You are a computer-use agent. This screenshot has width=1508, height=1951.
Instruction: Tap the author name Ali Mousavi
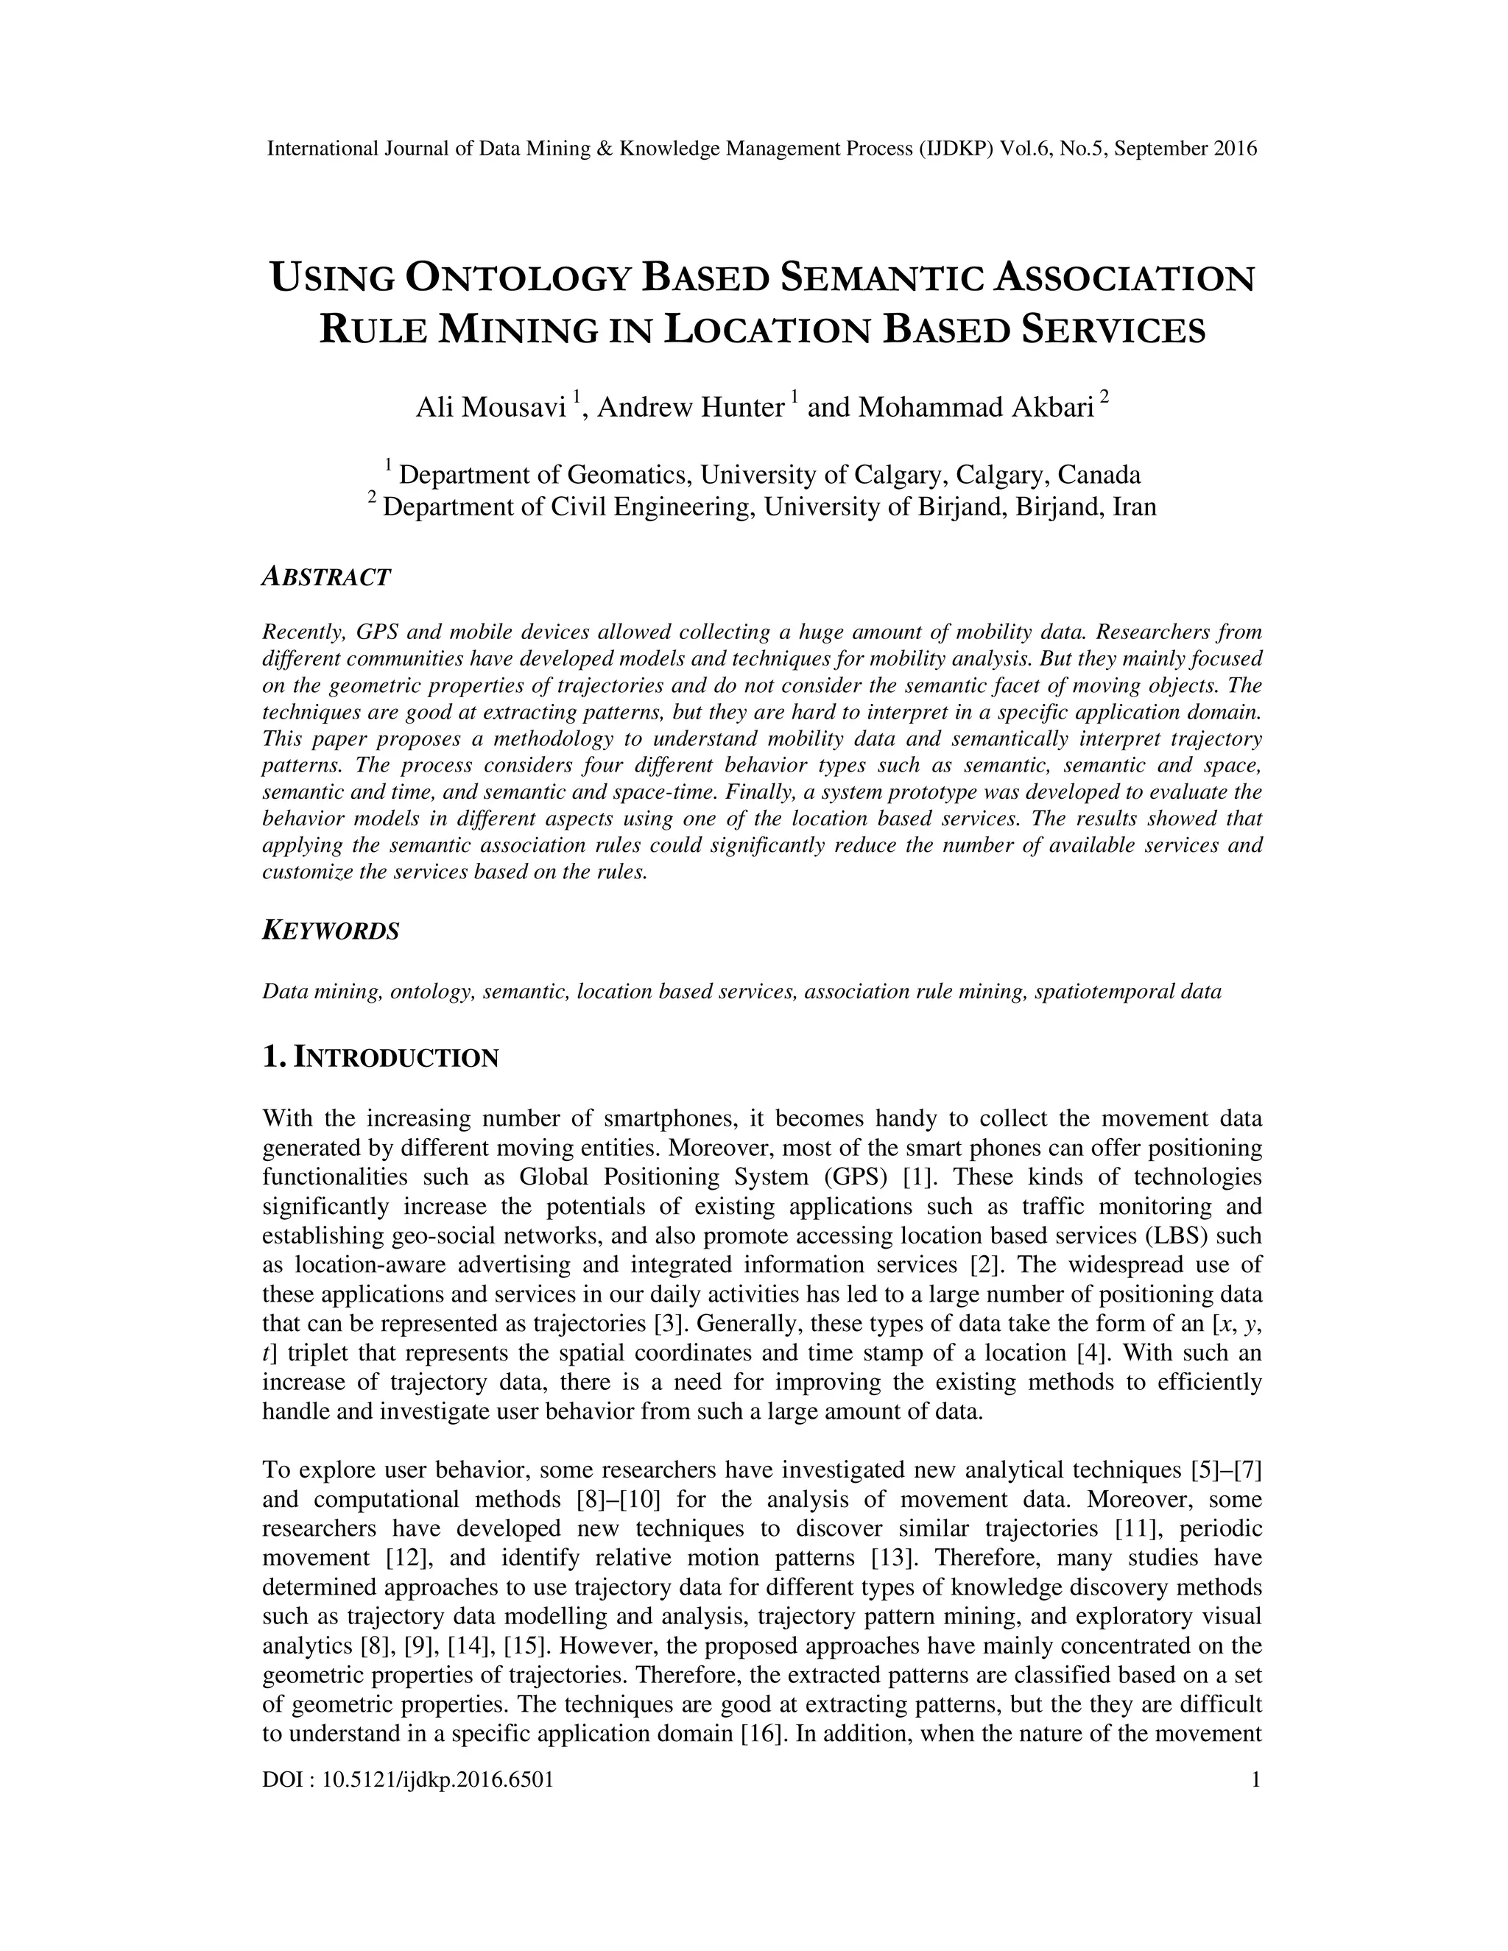tap(491, 407)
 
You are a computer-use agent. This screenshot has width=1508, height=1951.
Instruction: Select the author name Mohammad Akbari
tap(976, 407)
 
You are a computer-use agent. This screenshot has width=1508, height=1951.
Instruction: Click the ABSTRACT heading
tap(326, 577)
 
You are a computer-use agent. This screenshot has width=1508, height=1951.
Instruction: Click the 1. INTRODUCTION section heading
tap(381, 1058)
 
